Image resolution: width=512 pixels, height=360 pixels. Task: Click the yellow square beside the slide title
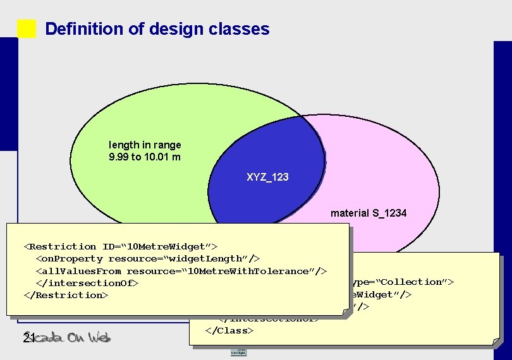click(x=27, y=29)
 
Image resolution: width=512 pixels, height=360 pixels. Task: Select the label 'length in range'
click(x=145, y=145)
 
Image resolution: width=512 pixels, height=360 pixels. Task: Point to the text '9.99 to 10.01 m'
click(x=145, y=157)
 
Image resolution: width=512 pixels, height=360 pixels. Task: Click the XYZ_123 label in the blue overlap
click(x=267, y=177)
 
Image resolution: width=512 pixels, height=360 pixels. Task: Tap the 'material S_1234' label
click(x=369, y=213)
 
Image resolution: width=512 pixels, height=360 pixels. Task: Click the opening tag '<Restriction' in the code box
click(x=60, y=246)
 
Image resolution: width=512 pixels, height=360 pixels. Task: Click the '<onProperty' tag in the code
click(x=69, y=258)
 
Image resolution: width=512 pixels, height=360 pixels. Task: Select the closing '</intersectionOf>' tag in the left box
click(x=87, y=283)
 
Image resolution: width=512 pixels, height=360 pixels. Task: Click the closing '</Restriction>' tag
click(x=66, y=295)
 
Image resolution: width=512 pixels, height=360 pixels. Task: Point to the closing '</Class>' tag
click(x=229, y=330)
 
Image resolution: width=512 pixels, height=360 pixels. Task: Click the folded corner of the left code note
click(x=345, y=311)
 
